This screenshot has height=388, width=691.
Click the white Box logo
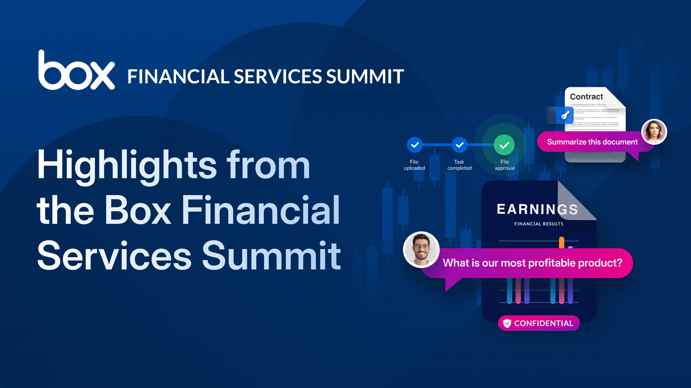point(76,71)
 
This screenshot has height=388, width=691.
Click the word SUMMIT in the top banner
point(365,77)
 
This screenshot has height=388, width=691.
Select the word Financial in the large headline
point(261,211)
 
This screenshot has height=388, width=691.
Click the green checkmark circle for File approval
point(504,145)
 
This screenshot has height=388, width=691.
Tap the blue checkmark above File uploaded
point(415,145)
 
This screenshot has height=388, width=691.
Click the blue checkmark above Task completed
point(459,145)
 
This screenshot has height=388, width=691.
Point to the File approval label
point(505,165)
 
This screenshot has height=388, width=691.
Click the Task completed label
point(459,165)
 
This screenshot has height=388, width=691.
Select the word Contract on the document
point(586,97)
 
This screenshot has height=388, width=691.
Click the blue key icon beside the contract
point(565,115)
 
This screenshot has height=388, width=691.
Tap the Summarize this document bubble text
point(592,142)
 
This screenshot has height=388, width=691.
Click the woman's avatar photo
point(654,132)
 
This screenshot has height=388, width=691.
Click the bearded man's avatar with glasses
point(421,249)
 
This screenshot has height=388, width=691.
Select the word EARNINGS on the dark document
point(537,209)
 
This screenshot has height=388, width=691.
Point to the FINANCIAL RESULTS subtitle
point(539,224)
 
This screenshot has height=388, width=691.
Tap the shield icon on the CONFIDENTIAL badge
point(507,323)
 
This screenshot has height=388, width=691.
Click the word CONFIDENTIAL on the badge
point(543,323)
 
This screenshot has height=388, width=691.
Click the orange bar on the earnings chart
point(561,242)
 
